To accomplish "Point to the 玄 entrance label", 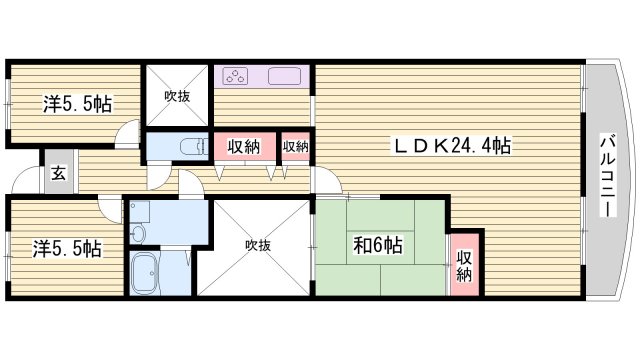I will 58,172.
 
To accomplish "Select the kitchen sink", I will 287,77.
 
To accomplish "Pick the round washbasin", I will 137,233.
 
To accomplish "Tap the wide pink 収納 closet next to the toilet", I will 244,146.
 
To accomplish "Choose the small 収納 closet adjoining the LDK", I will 295,146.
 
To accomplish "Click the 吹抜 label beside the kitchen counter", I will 177,97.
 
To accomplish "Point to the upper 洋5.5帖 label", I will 76,103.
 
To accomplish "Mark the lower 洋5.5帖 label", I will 69,245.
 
